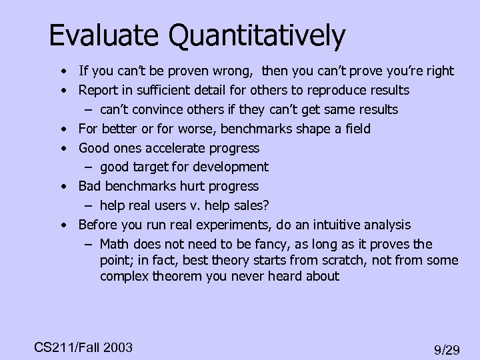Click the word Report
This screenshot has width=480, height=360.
(97, 89)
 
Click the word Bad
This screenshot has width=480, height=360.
(89, 186)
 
